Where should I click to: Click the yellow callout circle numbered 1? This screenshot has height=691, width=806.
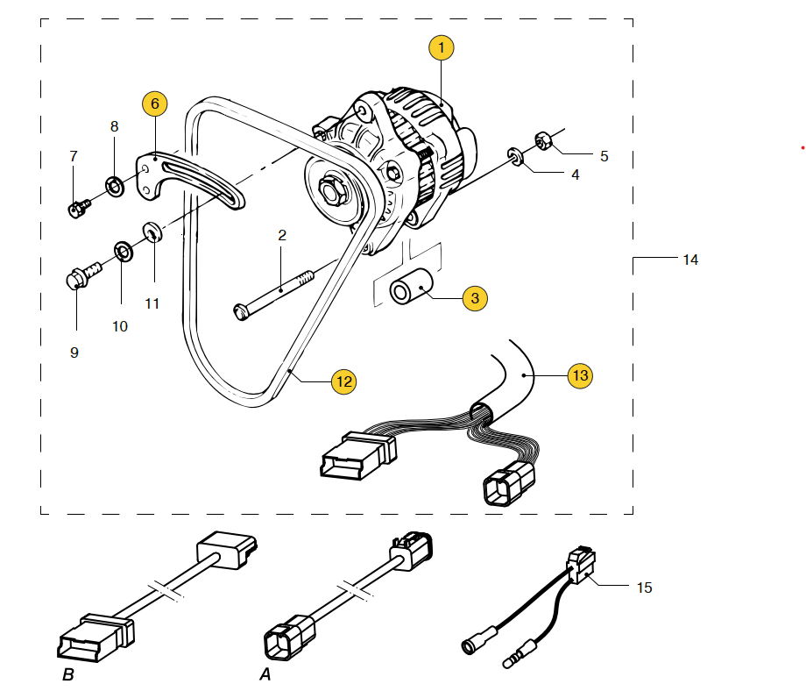pos(442,47)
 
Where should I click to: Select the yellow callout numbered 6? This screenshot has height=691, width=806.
pos(155,103)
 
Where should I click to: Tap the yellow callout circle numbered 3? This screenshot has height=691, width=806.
pos(475,298)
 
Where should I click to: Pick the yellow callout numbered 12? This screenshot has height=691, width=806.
pos(343,381)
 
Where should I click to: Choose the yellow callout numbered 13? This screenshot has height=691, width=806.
pos(580,375)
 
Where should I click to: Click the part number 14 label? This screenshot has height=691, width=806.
pos(690,260)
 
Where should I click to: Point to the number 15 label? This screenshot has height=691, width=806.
pos(644,588)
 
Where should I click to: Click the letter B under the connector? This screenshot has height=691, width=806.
pos(68,675)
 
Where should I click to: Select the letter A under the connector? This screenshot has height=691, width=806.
pos(265,675)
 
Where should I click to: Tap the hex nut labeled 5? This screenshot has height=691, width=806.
pos(541,139)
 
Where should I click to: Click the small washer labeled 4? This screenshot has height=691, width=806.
pos(514,158)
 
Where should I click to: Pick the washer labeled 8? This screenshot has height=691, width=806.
pos(114,186)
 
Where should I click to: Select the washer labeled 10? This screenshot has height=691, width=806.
pos(124,254)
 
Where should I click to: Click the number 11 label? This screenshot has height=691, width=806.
pos(152,303)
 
